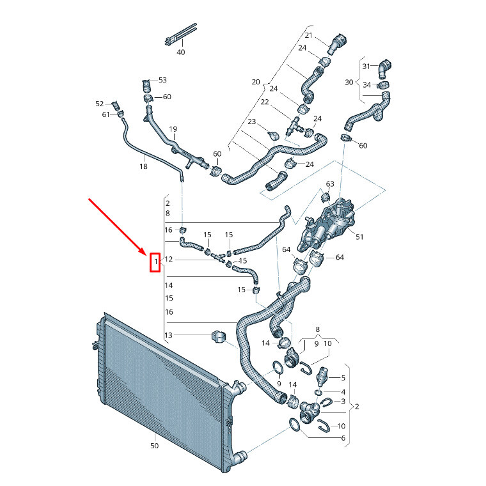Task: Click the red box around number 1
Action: pos(155,262)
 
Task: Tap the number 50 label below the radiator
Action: pos(154,446)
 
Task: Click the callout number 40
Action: pos(180,52)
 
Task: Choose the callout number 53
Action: pos(162,80)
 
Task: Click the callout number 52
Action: pos(99,104)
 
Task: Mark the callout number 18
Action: pos(143,166)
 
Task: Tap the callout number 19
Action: pos(173,129)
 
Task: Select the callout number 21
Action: pos(308,35)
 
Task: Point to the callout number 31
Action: pos(366,66)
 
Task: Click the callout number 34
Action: pos(366,85)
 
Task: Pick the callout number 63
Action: pos(330,184)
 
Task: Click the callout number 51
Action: pos(359,237)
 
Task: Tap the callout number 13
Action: pos(168,335)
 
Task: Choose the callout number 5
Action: pos(343,378)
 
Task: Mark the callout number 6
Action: pos(343,438)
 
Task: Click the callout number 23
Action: pos(251,121)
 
